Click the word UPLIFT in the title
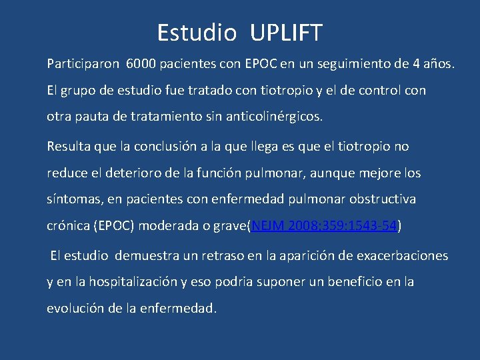[288, 32]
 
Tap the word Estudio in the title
[197, 32]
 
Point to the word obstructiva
[382, 199]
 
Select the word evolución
[77, 309]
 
